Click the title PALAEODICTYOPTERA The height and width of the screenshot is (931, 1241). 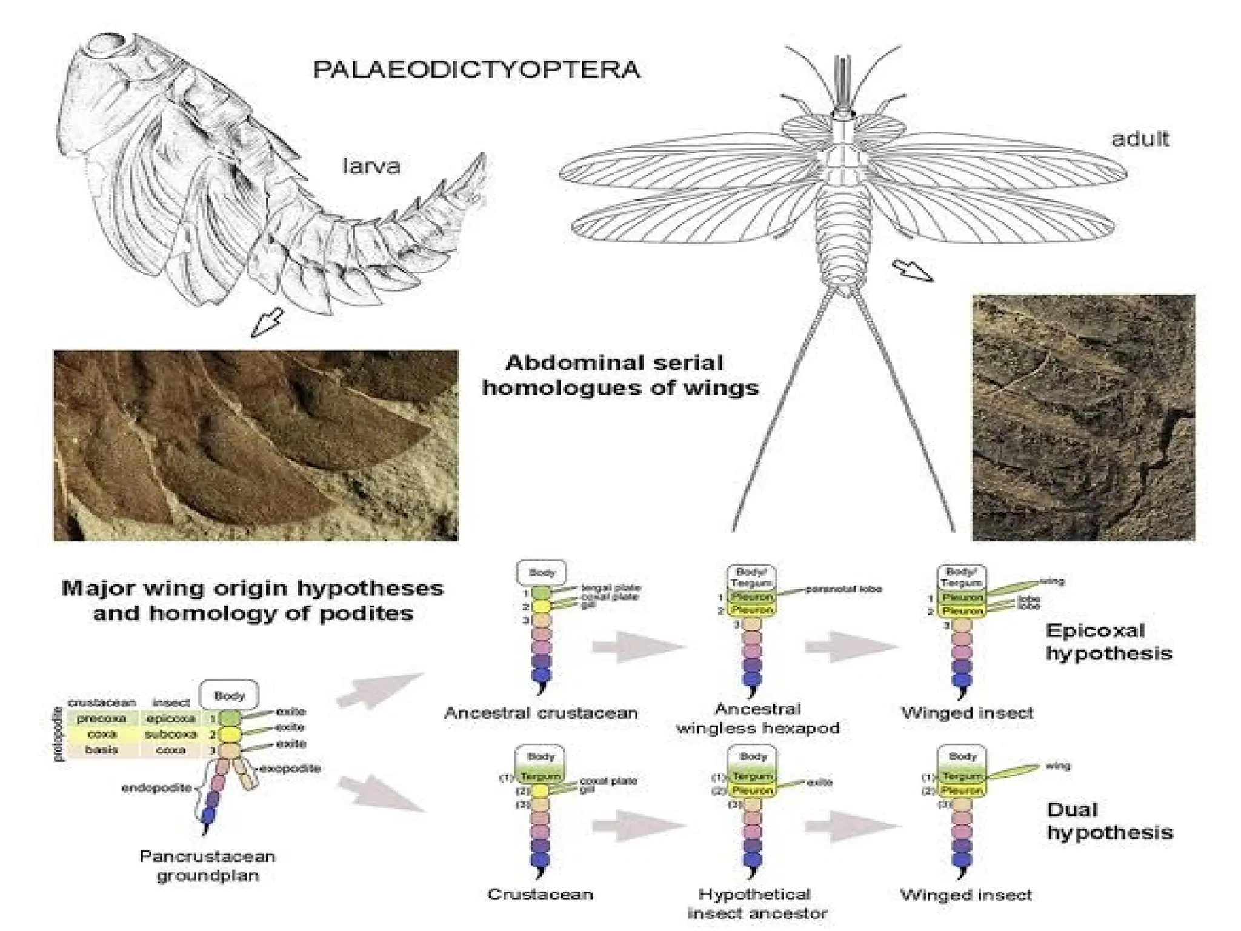pyautogui.click(x=476, y=69)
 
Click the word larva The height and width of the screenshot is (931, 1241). pyautogui.click(x=371, y=165)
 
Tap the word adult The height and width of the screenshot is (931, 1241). pyautogui.click(x=1140, y=139)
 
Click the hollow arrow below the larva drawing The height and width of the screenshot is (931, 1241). pyautogui.click(x=267, y=322)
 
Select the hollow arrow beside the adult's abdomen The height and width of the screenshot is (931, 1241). pyautogui.click(x=913, y=270)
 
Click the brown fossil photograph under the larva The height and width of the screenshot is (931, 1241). pyautogui.click(x=256, y=445)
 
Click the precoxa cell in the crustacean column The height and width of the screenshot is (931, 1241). pyautogui.click(x=101, y=718)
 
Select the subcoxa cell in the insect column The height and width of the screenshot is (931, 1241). pyautogui.click(x=171, y=734)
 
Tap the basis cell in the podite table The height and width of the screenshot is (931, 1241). pyautogui.click(x=101, y=750)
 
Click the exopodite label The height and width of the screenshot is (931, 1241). pyautogui.click(x=290, y=769)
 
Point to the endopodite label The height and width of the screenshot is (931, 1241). pyautogui.click(x=156, y=788)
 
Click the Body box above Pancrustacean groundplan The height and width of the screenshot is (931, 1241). pyautogui.click(x=229, y=696)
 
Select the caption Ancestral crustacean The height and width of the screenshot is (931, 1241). pyautogui.click(x=541, y=713)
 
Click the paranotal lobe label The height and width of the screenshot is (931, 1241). pyautogui.click(x=843, y=589)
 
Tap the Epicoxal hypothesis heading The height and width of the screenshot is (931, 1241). pyautogui.click(x=1108, y=642)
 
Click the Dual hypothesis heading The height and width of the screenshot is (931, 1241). pyautogui.click(x=1109, y=821)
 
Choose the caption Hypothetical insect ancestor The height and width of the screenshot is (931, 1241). pyautogui.click(x=757, y=903)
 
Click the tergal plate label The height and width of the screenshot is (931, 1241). pyautogui.click(x=610, y=587)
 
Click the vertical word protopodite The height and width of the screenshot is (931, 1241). pyautogui.click(x=59, y=733)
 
